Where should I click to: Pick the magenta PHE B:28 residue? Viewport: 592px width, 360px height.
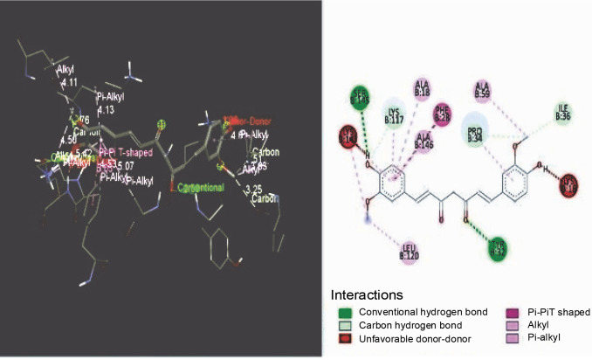443,114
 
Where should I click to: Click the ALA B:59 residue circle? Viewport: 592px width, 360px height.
482,89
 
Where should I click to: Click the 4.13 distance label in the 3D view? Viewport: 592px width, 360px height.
107,110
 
